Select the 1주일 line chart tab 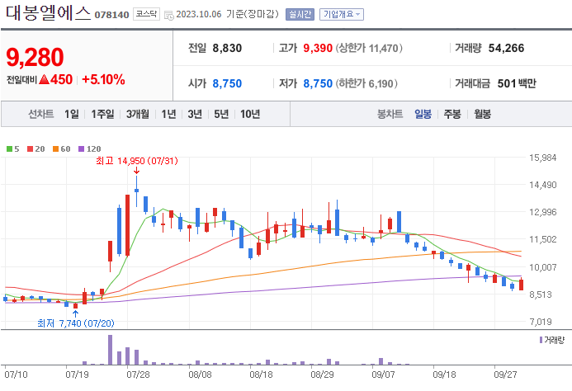[103, 114]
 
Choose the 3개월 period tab [138, 114]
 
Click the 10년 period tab [249, 114]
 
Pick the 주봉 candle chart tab [451, 114]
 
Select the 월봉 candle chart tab [482, 114]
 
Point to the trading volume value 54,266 [506, 48]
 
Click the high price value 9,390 [317, 48]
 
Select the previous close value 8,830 [227, 48]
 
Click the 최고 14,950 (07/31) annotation [135, 159]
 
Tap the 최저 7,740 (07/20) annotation [75, 323]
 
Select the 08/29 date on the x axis [323, 374]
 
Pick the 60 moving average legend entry [63, 148]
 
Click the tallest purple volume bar [110, 350]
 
